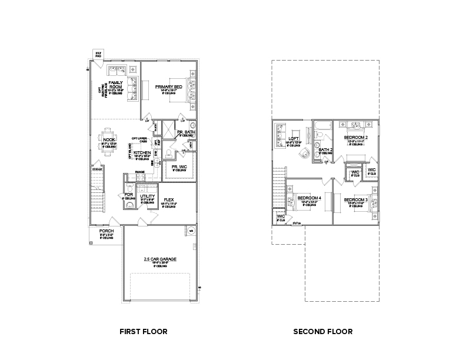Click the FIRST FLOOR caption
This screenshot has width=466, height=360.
click(x=143, y=332)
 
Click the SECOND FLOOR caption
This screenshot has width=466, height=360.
click(x=323, y=332)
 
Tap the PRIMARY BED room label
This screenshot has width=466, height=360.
click(x=169, y=87)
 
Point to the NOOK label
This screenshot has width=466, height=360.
click(x=109, y=139)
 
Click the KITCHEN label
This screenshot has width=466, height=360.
click(x=141, y=152)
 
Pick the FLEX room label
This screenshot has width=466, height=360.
click(x=168, y=199)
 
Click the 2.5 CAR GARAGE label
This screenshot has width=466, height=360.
click(x=159, y=259)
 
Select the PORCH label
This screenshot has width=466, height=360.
click(x=106, y=231)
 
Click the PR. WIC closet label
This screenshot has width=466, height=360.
click(x=179, y=166)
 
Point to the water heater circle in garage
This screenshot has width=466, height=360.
click(x=191, y=231)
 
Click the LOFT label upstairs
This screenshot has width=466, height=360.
click(x=294, y=139)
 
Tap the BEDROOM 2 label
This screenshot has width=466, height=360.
click(x=355, y=137)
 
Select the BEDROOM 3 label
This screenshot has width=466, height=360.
click(x=355, y=200)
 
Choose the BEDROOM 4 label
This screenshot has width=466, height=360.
click(x=309, y=198)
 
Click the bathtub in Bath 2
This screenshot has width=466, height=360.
click(x=322, y=125)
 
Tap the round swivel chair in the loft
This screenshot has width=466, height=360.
click(x=304, y=154)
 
